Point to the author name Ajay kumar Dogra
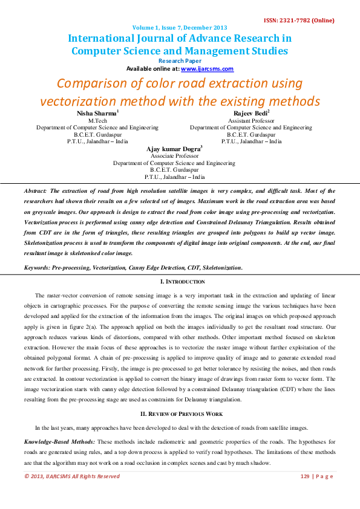tap(172, 149)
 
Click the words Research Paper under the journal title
tap(180, 61)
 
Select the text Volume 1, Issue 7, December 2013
tap(180, 28)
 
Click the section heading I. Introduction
tap(180, 282)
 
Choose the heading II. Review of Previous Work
tap(180, 413)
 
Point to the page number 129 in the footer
tap(306, 476)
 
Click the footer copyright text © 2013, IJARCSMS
tap(71, 476)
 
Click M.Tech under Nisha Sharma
tap(97, 121)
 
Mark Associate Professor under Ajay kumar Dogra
tap(174, 156)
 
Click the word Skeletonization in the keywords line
tap(215, 267)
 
